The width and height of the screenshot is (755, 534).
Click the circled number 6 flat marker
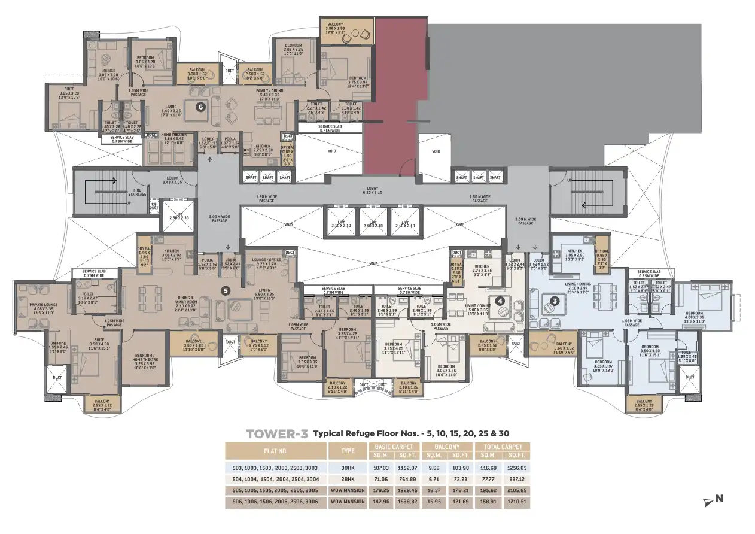pyautogui.click(x=201, y=107)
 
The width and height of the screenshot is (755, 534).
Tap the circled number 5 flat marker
pyautogui.click(x=226, y=291)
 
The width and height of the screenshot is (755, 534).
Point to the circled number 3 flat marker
pyautogui.click(x=555, y=301)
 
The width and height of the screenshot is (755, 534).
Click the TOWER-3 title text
pyautogui.click(x=277, y=433)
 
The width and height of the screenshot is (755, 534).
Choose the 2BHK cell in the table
pyautogui.click(x=348, y=479)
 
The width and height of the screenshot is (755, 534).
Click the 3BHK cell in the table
pyautogui.click(x=348, y=467)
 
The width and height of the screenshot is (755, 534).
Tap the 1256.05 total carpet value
pyautogui.click(x=515, y=467)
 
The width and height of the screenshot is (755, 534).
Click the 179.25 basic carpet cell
pyautogui.click(x=380, y=491)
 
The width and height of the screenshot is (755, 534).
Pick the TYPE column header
pyautogui.click(x=348, y=451)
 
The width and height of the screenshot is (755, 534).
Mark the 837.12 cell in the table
pyautogui.click(x=515, y=479)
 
